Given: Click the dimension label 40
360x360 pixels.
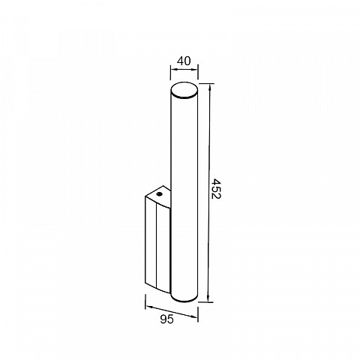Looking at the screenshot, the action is [184, 61].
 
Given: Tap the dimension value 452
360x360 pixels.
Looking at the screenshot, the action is [215, 188].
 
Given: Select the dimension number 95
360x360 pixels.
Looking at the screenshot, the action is [166, 319].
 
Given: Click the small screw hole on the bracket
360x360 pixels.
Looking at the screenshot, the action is [159, 193].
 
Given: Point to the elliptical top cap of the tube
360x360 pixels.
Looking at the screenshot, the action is [184, 90].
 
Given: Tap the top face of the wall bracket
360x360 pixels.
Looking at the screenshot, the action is [159, 196].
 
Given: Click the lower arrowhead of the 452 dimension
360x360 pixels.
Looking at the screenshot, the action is [208, 298].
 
